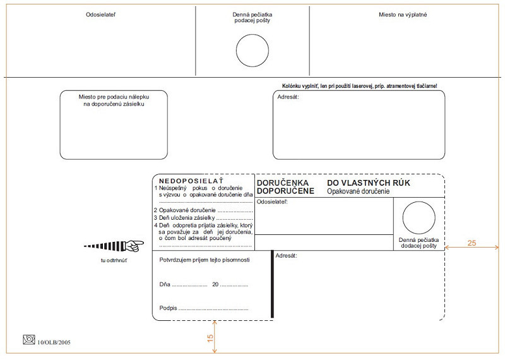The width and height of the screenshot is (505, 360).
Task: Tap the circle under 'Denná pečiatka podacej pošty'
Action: pyautogui.click(x=252, y=49)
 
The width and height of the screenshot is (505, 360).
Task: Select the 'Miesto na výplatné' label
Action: pyautogui.click(x=403, y=14)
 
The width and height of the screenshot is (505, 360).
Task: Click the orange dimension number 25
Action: pyautogui.click(x=472, y=243)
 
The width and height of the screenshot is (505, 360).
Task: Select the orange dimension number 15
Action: pyautogui.click(x=211, y=337)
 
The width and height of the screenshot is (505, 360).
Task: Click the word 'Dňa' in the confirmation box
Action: pyautogui.click(x=165, y=284)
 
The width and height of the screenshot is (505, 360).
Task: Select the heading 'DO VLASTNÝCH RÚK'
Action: pyautogui.click(x=369, y=183)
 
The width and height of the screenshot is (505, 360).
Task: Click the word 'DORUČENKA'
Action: pyautogui.click(x=283, y=183)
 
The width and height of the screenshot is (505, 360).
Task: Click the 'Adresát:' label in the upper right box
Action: pyautogui.click(x=288, y=97)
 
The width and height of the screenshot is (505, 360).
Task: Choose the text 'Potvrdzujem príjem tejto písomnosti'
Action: pyautogui.click(x=205, y=260)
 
